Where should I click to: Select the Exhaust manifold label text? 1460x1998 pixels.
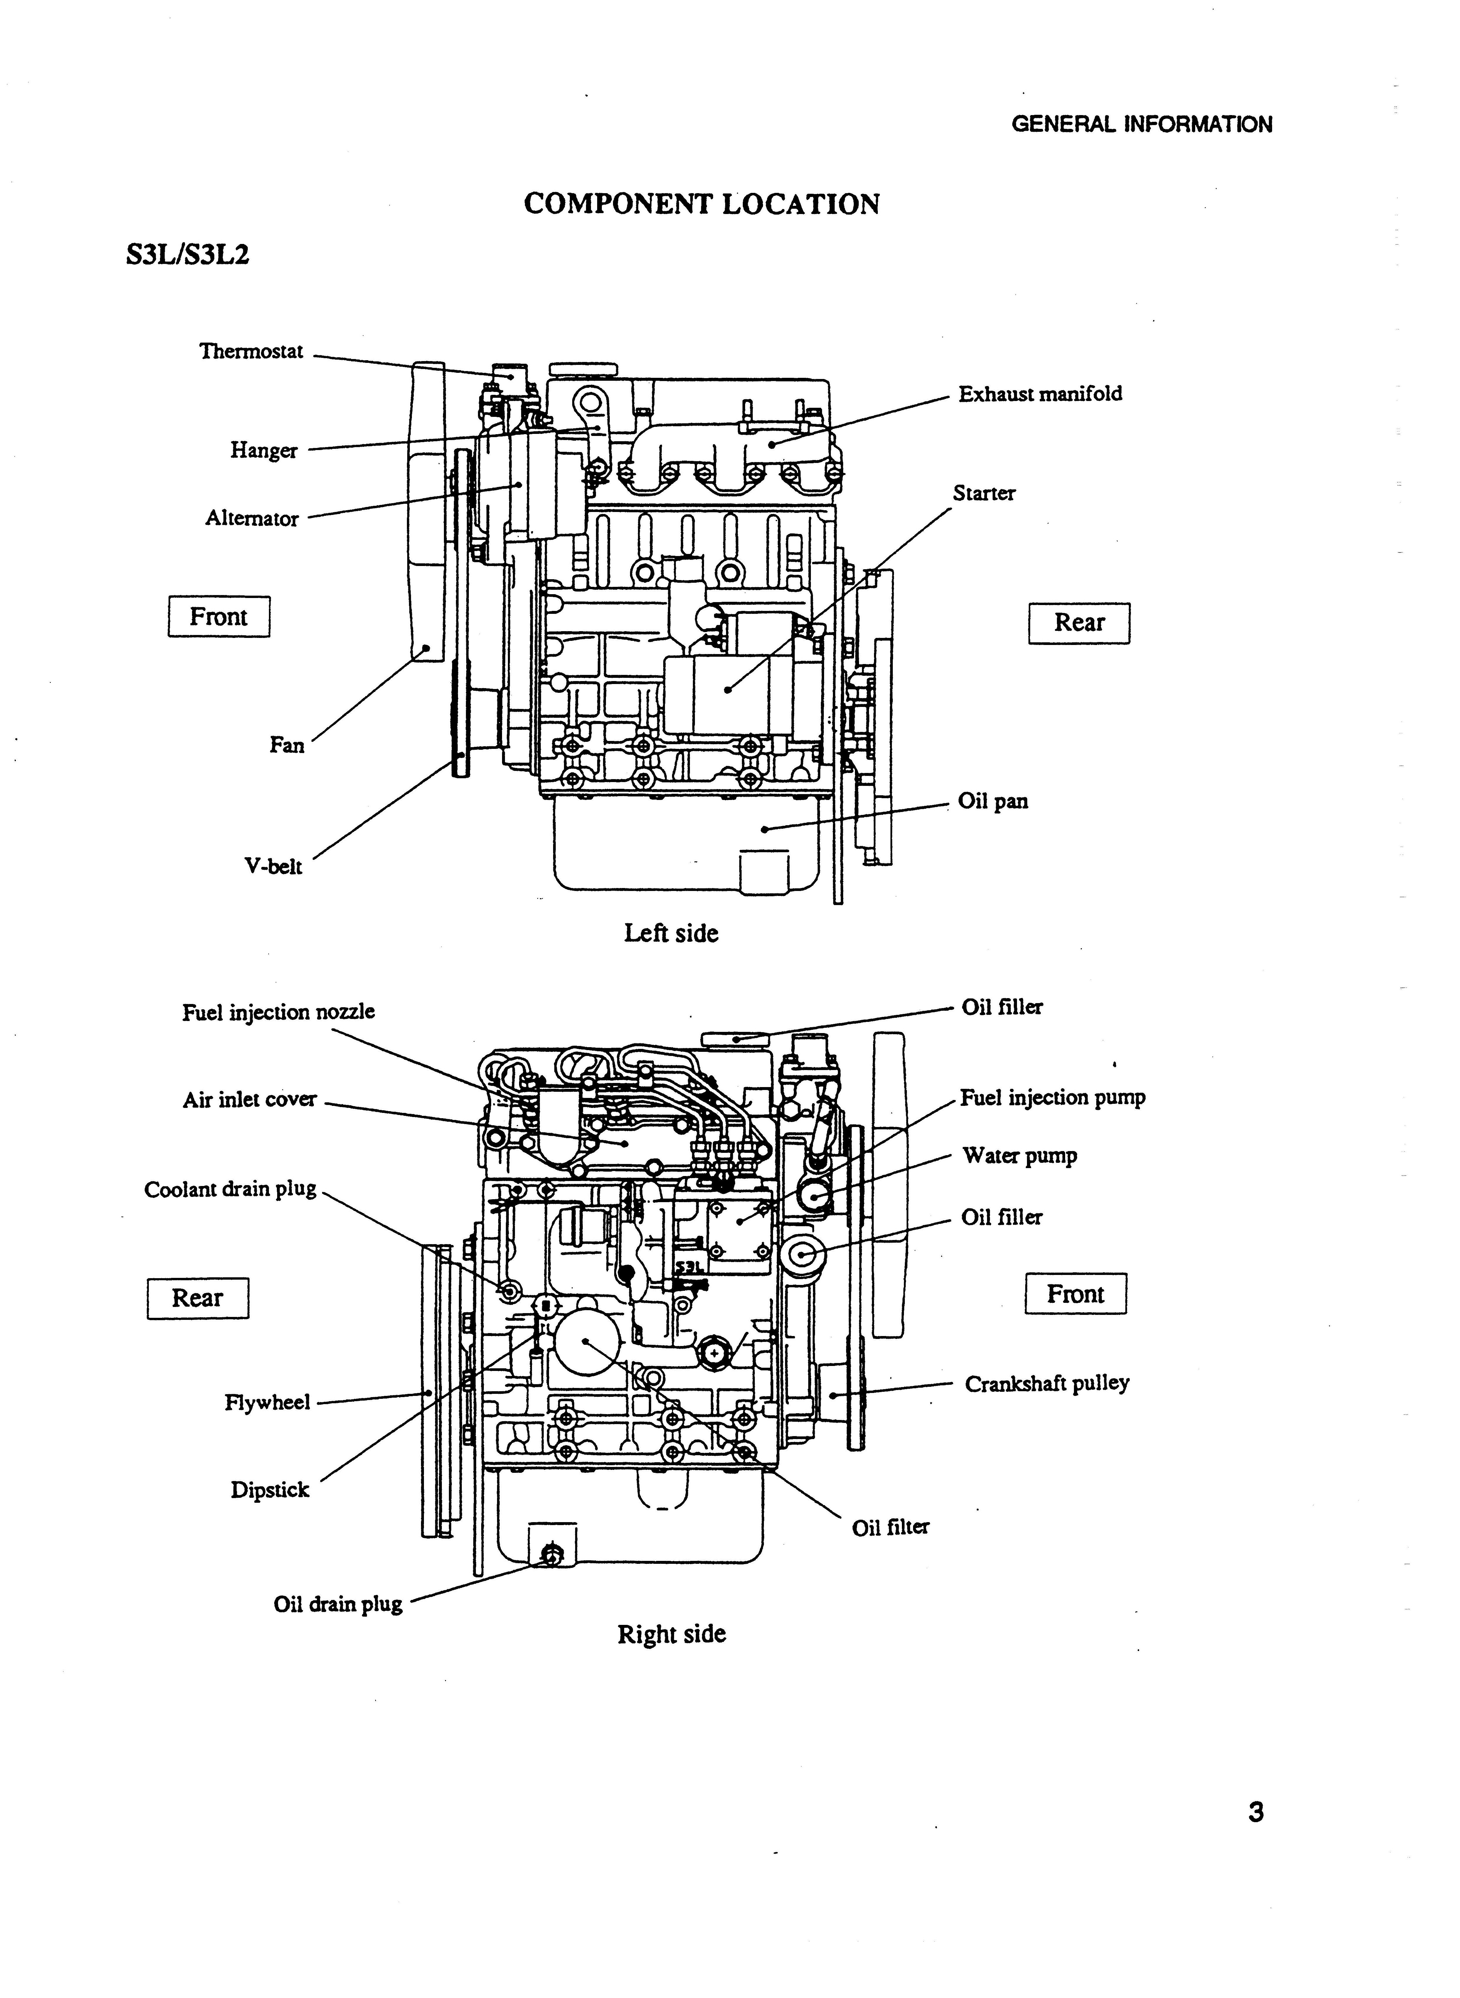click(1040, 394)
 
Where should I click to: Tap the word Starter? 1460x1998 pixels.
click(984, 493)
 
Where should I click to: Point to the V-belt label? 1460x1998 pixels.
click(273, 867)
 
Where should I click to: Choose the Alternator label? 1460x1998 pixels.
click(252, 519)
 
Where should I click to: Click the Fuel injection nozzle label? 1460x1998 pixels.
click(278, 1012)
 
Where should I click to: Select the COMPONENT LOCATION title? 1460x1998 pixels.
click(702, 204)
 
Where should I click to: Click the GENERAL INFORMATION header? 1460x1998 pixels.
click(1142, 124)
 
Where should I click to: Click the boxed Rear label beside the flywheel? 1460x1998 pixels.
click(198, 1298)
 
